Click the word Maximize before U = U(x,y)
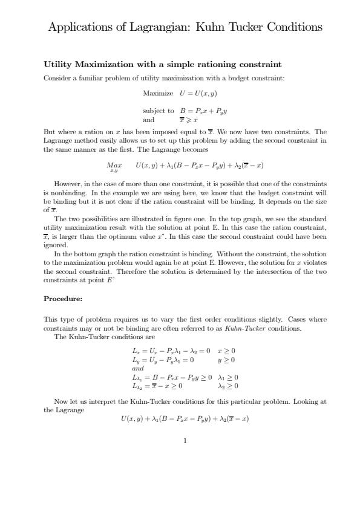coord(158,94)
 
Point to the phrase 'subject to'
coord(158,111)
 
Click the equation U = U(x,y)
coord(198,94)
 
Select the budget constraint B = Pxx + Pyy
coord(203,111)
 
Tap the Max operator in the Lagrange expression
coord(114,165)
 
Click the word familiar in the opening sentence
coord(89,78)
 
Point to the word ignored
coord(56,246)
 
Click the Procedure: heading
coord(63,299)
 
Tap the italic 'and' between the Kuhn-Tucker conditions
coord(138,368)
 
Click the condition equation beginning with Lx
coord(171,351)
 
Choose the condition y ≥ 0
coord(226,360)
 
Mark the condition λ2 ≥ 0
coord(228,386)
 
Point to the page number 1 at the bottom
coord(185,441)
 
